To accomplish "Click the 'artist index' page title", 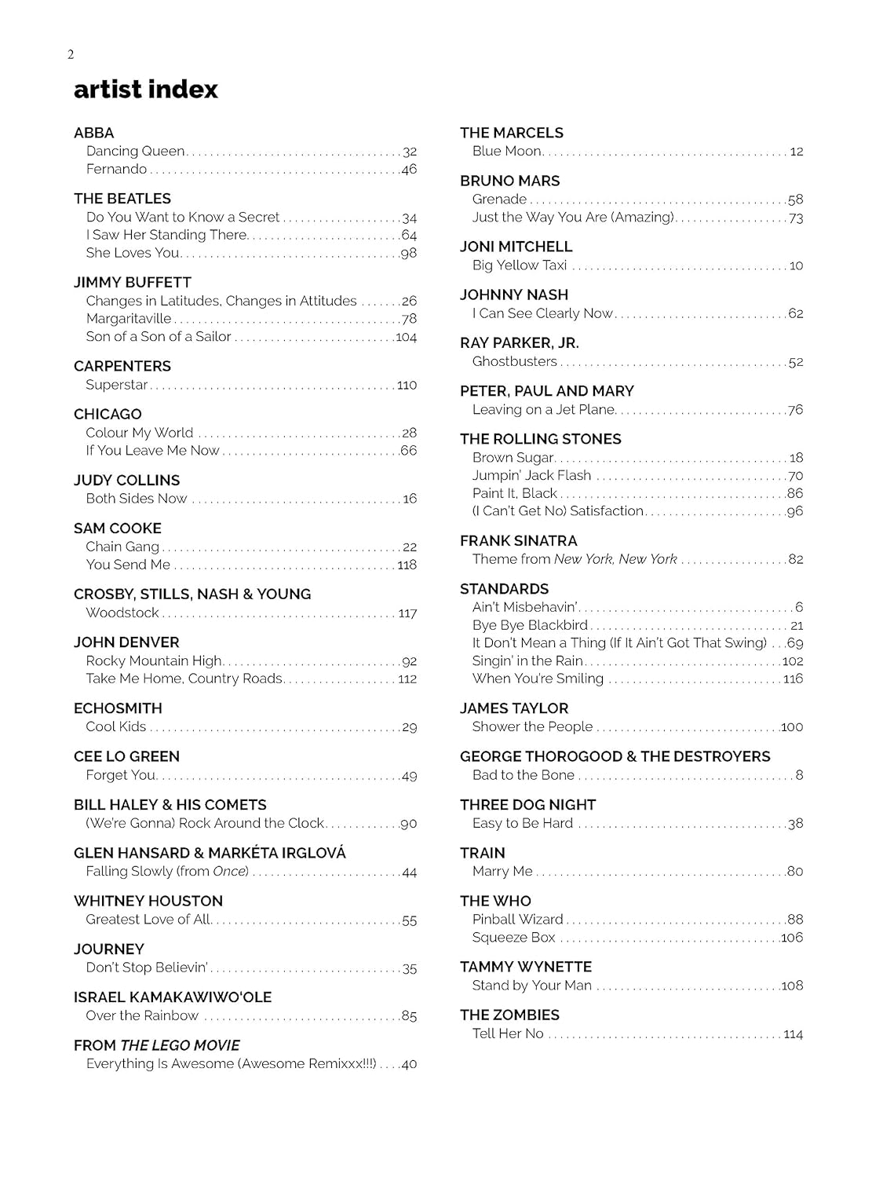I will click(x=145, y=90).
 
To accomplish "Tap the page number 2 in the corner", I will click(x=71, y=54).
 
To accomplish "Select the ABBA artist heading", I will click(x=93, y=133).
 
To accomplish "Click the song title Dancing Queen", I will click(x=135, y=151).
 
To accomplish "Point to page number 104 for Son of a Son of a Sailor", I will click(x=406, y=337).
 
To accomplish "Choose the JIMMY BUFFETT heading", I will click(x=132, y=282).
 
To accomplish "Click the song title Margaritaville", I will click(x=129, y=318).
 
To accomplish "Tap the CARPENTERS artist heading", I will click(x=122, y=366).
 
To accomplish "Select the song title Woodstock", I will click(x=122, y=613).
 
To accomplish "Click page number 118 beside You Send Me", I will click(x=407, y=565).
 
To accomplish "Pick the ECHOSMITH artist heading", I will click(x=118, y=708).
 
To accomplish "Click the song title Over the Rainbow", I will click(x=142, y=1015).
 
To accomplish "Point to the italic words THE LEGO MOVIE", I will click(x=180, y=1045).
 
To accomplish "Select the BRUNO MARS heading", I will click(x=509, y=181).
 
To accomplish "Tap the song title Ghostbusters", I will click(x=514, y=361).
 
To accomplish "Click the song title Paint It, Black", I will click(x=514, y=493).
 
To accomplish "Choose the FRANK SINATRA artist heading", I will click(x=518, y=540).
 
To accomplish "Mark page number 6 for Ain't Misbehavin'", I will click(x=799, y=607).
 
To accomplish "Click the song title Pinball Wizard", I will click(x=517, y=919).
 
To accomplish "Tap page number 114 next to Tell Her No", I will click(x=793, y=1033).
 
